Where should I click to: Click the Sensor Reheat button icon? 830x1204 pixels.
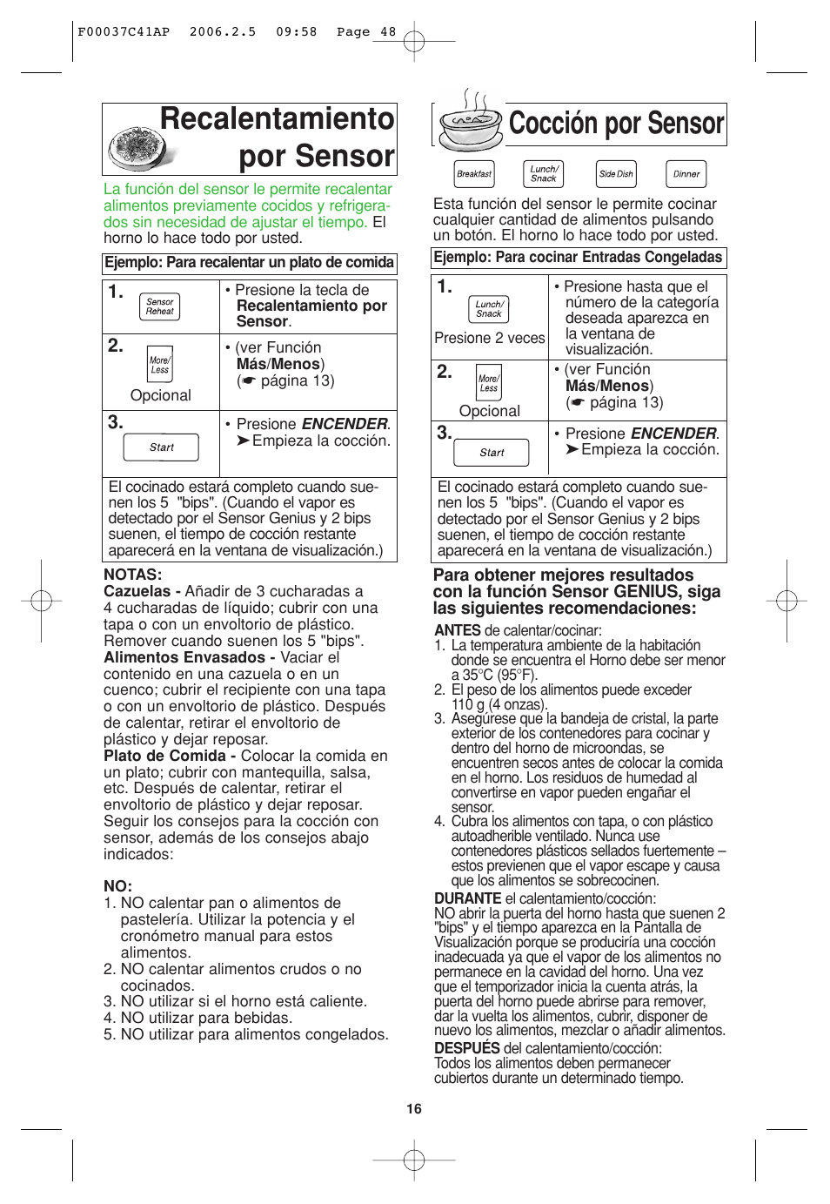(159, 306)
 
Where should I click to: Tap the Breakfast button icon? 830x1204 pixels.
(474, 174)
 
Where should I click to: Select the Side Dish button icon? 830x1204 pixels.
(616, 174)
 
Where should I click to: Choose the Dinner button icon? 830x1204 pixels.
(686, 174)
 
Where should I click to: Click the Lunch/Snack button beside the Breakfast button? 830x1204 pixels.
(544, 174)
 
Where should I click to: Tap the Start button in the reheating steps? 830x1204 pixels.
(162, 447)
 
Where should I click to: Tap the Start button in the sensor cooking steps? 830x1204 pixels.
(492, 453)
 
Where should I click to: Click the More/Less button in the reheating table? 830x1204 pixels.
(159, 365)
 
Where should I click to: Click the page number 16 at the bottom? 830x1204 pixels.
(414, 1108)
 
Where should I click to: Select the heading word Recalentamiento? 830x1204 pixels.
(277, 119)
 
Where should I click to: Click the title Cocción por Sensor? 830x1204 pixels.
(616, 124)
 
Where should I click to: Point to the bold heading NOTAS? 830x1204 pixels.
(133, 575)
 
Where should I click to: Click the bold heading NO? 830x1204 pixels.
(117, 886)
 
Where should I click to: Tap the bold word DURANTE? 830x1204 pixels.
(467, 898)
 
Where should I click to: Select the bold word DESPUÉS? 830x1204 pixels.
(467, 1048)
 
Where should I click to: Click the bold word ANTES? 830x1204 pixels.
(458, 630)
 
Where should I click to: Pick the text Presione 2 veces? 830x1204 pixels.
(489, 338)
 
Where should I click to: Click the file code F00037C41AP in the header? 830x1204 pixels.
(124, 32)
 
